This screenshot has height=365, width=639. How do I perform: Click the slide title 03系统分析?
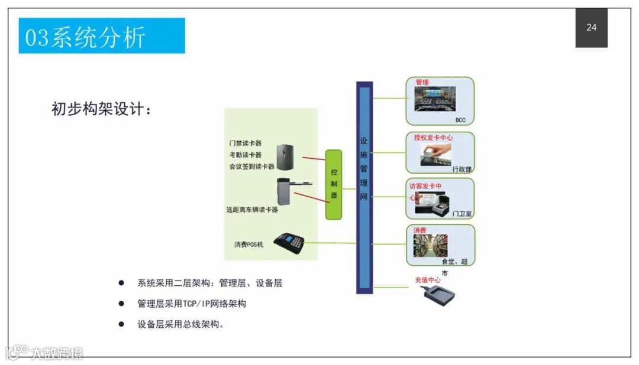coord(85,37)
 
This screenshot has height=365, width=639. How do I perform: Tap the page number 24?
coord(591,28)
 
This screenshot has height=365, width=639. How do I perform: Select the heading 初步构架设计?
coord(101,109)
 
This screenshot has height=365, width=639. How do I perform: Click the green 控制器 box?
coord(334,184)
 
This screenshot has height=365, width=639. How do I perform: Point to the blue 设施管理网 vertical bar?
coord(364,187)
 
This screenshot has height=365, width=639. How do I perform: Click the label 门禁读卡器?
coord(245,143)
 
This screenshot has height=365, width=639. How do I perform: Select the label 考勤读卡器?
coord(245,155)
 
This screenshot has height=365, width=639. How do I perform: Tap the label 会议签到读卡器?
coord(252,167)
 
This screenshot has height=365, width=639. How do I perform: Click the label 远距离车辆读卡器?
coord(251,210)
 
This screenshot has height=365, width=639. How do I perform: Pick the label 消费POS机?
coord(248,244)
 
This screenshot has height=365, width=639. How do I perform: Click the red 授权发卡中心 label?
coord(434,138)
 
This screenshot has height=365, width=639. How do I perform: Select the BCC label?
coord(460,120)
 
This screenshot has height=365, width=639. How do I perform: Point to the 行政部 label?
coord(461,169)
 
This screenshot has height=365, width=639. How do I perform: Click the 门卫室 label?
coord(461,213)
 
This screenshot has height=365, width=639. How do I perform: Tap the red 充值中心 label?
coord(427,279)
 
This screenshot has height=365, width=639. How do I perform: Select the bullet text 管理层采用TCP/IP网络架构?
coord(192,304)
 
